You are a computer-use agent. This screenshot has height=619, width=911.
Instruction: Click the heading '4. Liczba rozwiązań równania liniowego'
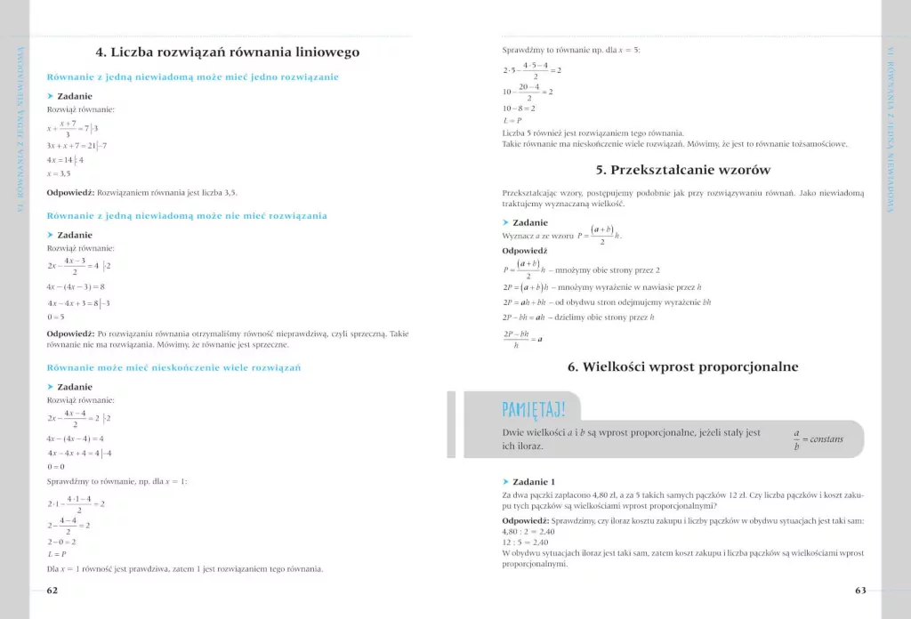pos(228,52)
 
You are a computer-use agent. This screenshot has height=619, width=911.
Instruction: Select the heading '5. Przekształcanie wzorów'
pos(682,170)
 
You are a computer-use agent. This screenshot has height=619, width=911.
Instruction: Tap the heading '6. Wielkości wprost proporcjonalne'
pos(682,366)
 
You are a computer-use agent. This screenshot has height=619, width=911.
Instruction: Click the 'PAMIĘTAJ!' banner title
pos(533,409)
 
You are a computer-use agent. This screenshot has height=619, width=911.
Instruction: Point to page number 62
pos(52,590)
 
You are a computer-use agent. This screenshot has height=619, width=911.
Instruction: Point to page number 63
pos(860,590)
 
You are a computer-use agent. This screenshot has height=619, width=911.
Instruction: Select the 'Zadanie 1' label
pos(534,481)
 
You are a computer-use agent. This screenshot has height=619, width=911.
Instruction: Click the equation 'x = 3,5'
pos(60,174)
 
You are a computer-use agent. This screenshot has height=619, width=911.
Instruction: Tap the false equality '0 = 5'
pos(56,317)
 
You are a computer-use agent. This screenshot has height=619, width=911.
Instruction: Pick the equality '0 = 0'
pos(56,466)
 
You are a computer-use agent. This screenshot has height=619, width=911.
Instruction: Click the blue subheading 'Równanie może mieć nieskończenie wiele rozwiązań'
pos(174,367)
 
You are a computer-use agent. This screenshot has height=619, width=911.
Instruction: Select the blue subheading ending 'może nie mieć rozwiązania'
pos(187,215)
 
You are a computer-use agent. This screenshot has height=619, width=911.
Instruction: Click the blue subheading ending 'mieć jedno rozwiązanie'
pos(192,77)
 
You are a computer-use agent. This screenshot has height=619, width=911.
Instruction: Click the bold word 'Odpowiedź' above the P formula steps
pos(524,251)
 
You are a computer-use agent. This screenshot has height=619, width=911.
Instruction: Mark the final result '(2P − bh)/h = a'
pos(522,339)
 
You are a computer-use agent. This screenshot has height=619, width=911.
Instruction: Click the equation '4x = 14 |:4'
pos(65,160)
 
